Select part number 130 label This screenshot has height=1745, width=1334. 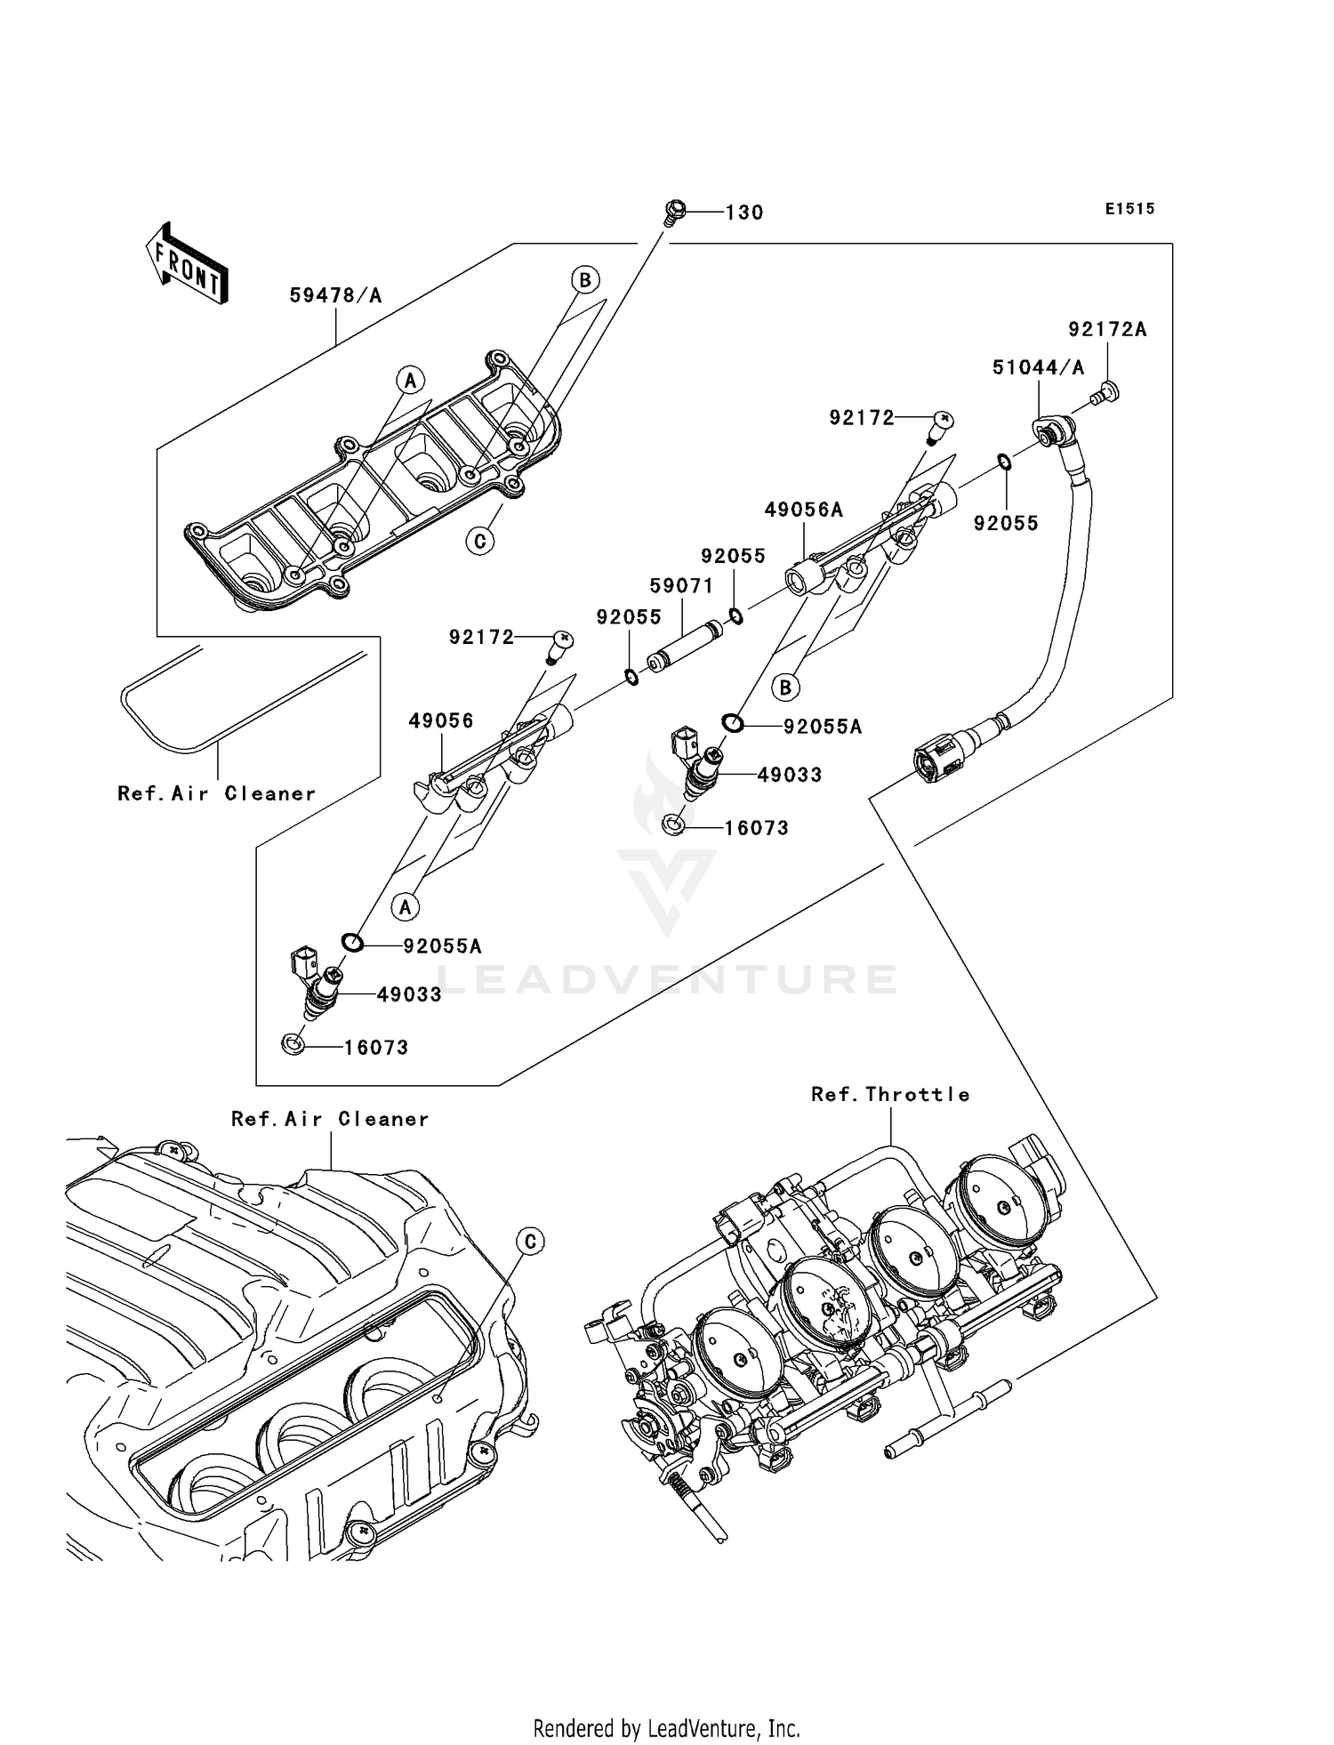coord(744,213)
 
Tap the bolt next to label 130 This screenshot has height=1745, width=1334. coord(675,211)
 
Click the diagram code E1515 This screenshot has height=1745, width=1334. coord(1129,209)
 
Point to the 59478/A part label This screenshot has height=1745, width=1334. coord(335,295)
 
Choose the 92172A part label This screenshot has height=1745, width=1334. coord(1107,330)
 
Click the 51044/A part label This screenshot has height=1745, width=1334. coord(1038,367)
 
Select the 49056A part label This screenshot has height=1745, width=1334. coord(804,510)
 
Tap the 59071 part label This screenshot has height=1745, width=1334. coord(681,586)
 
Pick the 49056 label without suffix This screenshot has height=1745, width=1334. coord(441,720)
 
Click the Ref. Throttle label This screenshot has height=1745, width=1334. coord(890,1095)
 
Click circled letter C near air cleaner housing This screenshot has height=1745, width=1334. coord(530,1242)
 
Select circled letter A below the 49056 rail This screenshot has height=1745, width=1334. coord(405,907)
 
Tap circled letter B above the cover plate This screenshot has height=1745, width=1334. coord(584,280)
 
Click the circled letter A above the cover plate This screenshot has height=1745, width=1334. coord(410,382)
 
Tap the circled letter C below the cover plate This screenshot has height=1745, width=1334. coord(480,540)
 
